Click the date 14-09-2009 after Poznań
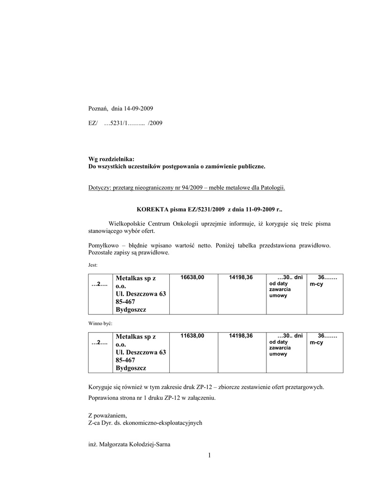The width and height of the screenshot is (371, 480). pos(138,109)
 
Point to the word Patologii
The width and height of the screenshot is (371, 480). pos(272,188)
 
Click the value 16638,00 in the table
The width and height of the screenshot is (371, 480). pos(192,277)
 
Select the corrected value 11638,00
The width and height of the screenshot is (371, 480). pos(192,336)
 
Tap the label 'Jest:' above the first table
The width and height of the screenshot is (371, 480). pos(93,265)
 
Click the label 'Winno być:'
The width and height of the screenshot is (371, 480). pos(100,323)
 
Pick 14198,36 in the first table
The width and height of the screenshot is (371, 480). pos(241,277)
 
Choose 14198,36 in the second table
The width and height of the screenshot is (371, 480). pos(241,336)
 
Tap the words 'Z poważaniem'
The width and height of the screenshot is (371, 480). pos(107,415)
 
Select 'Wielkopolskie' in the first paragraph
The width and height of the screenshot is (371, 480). pos(126,224)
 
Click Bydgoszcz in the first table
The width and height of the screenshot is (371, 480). pos(131,310)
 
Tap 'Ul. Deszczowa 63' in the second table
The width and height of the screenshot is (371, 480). pos(141,352)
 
